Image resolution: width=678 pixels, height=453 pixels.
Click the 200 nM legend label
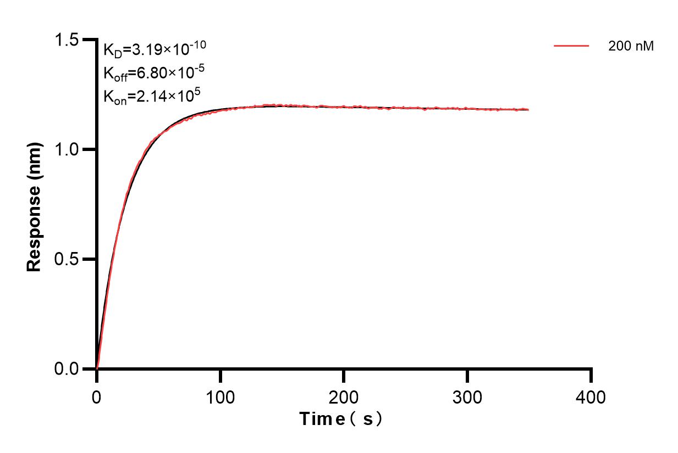point(631,47)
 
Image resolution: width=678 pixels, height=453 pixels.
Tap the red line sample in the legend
point(572,47)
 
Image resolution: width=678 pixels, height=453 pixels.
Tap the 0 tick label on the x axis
point(97,396)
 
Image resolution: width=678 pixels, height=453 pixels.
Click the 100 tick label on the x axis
point(220,396)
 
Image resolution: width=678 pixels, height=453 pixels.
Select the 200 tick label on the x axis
point(344,396)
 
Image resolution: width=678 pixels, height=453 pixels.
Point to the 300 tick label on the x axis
point(467,396)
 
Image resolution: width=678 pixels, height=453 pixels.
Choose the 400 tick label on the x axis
point(591,396)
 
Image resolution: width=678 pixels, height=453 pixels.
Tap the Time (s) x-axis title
point(341,420)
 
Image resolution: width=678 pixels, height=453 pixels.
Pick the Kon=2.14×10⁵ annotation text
point(151,96)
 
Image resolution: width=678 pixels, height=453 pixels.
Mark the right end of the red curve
point(528,110)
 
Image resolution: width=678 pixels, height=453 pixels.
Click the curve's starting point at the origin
point(97,368)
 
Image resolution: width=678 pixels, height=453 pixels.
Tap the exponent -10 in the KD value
point(199,44)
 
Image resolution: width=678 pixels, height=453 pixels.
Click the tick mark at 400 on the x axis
point(591,376)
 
